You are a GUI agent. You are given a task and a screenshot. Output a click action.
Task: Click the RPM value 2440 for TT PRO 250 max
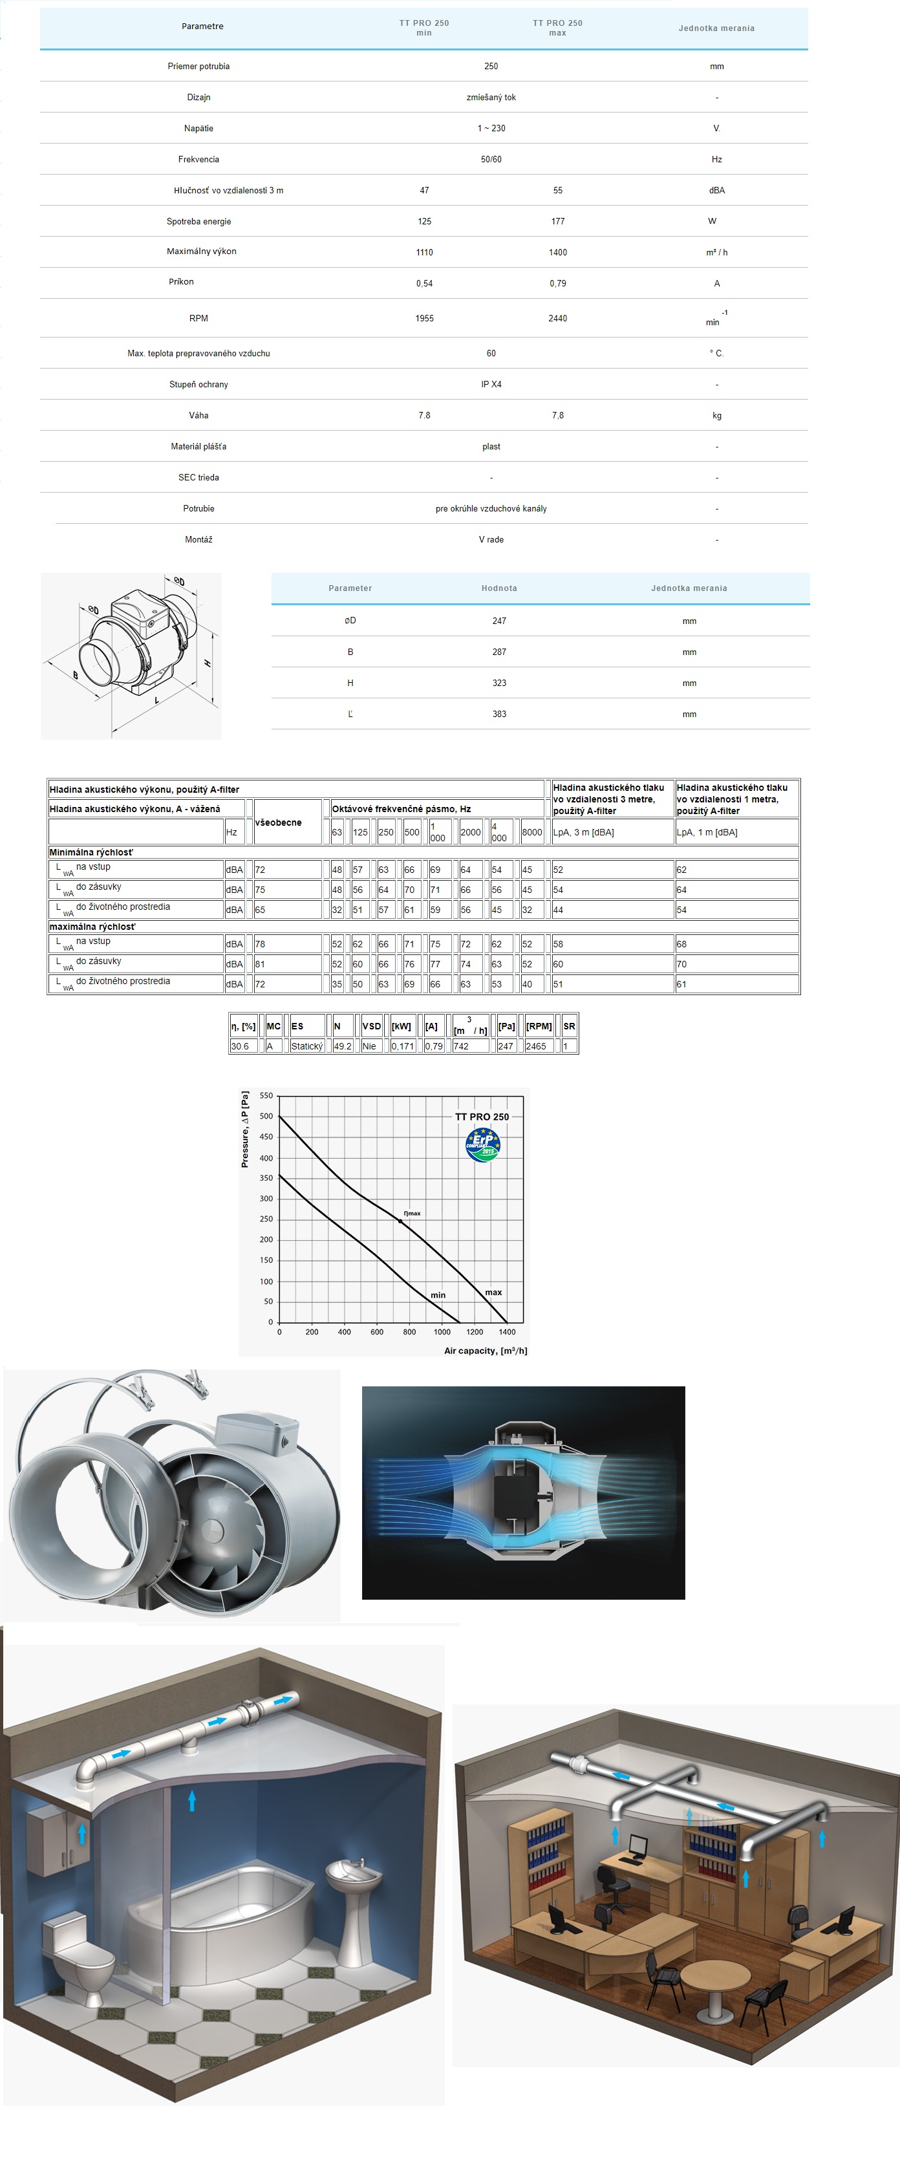(557, 318)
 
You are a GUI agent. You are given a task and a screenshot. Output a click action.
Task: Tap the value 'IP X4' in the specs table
(491, 384)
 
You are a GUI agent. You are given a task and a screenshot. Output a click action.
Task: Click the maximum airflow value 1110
(424, 252)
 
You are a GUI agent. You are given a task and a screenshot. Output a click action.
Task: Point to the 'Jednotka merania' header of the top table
(716, 28)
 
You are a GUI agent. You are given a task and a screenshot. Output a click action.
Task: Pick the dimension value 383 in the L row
(499, 713)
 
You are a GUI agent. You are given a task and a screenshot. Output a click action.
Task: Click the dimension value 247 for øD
(499, 621)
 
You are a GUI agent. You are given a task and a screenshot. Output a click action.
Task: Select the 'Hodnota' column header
(499, 588)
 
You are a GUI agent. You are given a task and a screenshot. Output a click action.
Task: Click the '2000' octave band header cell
(470, 832)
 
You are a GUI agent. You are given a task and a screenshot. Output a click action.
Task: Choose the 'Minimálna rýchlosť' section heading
(91, 852)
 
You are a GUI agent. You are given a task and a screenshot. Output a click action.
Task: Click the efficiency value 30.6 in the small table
(239, 1046)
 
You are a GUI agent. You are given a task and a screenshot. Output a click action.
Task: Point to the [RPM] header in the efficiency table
(539, 1026)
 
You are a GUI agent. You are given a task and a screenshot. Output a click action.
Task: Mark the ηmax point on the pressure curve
(400, 1221)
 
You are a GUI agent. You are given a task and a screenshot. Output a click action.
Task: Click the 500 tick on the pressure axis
(266, 1116)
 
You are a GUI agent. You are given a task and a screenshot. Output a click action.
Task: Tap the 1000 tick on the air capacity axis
(442, 1332)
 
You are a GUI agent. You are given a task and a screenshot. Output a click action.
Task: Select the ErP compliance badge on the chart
(483, 1144)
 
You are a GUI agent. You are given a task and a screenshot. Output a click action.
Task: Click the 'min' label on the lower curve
(438, 1294)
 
